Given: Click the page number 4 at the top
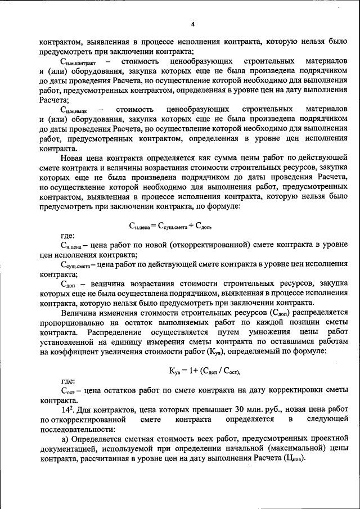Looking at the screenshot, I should click(192, 24).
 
